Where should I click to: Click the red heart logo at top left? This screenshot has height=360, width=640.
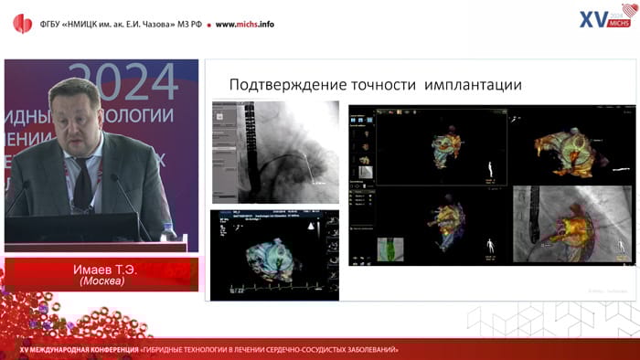pos(21,23)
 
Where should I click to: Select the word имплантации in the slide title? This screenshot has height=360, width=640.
pos(475,85)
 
